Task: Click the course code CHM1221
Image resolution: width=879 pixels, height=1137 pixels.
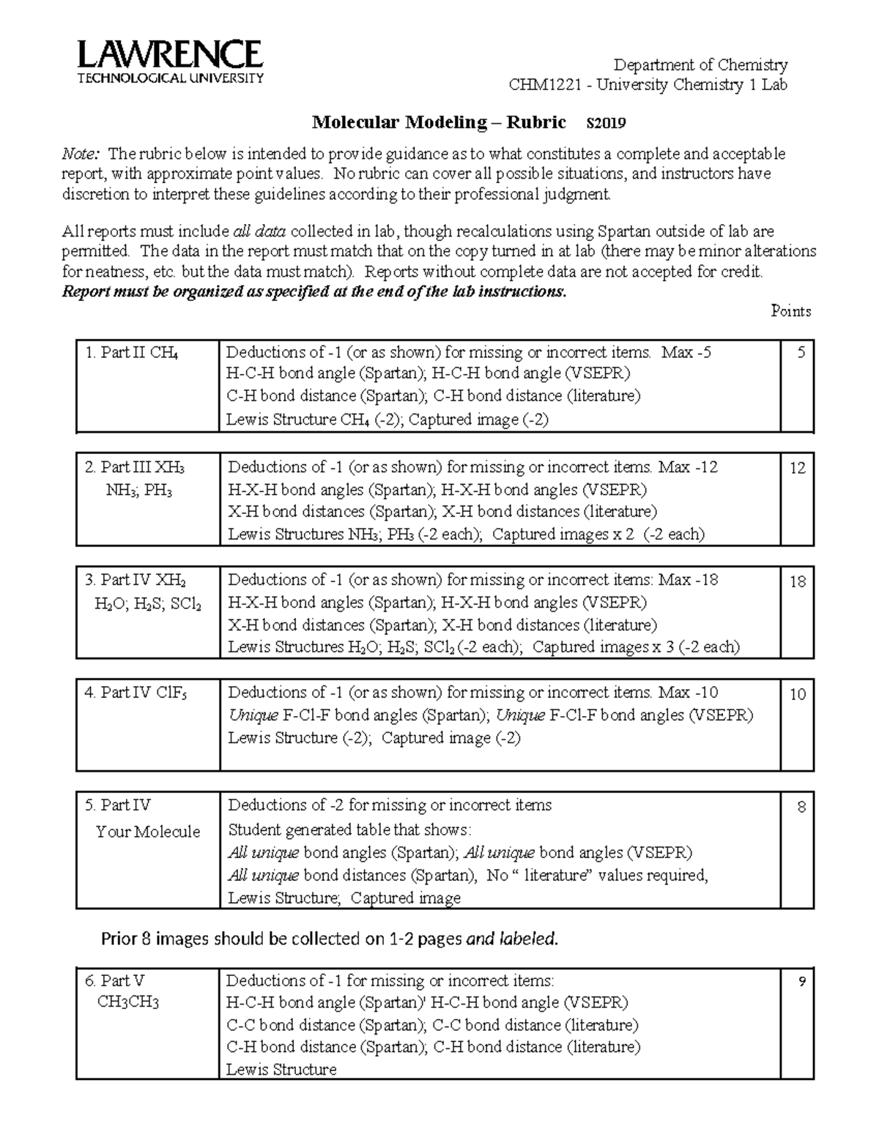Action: pyautogui.click(x=545, y=85)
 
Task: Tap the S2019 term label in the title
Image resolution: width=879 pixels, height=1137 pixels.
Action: pyautogui.click(x=607, y=123)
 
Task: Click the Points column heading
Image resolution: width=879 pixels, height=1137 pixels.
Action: pyautogui.click(x=790, y=311)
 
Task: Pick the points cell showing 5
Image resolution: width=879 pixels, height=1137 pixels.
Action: pyautogui.click(x=801, y=353)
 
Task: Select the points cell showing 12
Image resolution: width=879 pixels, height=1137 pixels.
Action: pyautogui.click(x=798, y=468)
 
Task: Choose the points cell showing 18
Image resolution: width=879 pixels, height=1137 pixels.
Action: pyautogui.click(x=798, y=581)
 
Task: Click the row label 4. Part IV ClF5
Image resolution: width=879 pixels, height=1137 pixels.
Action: pyautogui.click(x=136, y=693)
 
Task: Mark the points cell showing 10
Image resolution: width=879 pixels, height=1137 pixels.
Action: pyautogui.click(x=798, y=694)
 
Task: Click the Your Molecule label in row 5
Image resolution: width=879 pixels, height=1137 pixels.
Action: pyautogui.click(x=148, y=832)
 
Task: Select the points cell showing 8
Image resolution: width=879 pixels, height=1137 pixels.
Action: pyautogui.click(x=801, y=808)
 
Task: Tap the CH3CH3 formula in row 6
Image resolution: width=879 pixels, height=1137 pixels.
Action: pyautogui.click(x=128, y=1002)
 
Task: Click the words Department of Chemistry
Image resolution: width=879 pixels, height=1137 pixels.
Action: pyautogui.click(x=700, y=64)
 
